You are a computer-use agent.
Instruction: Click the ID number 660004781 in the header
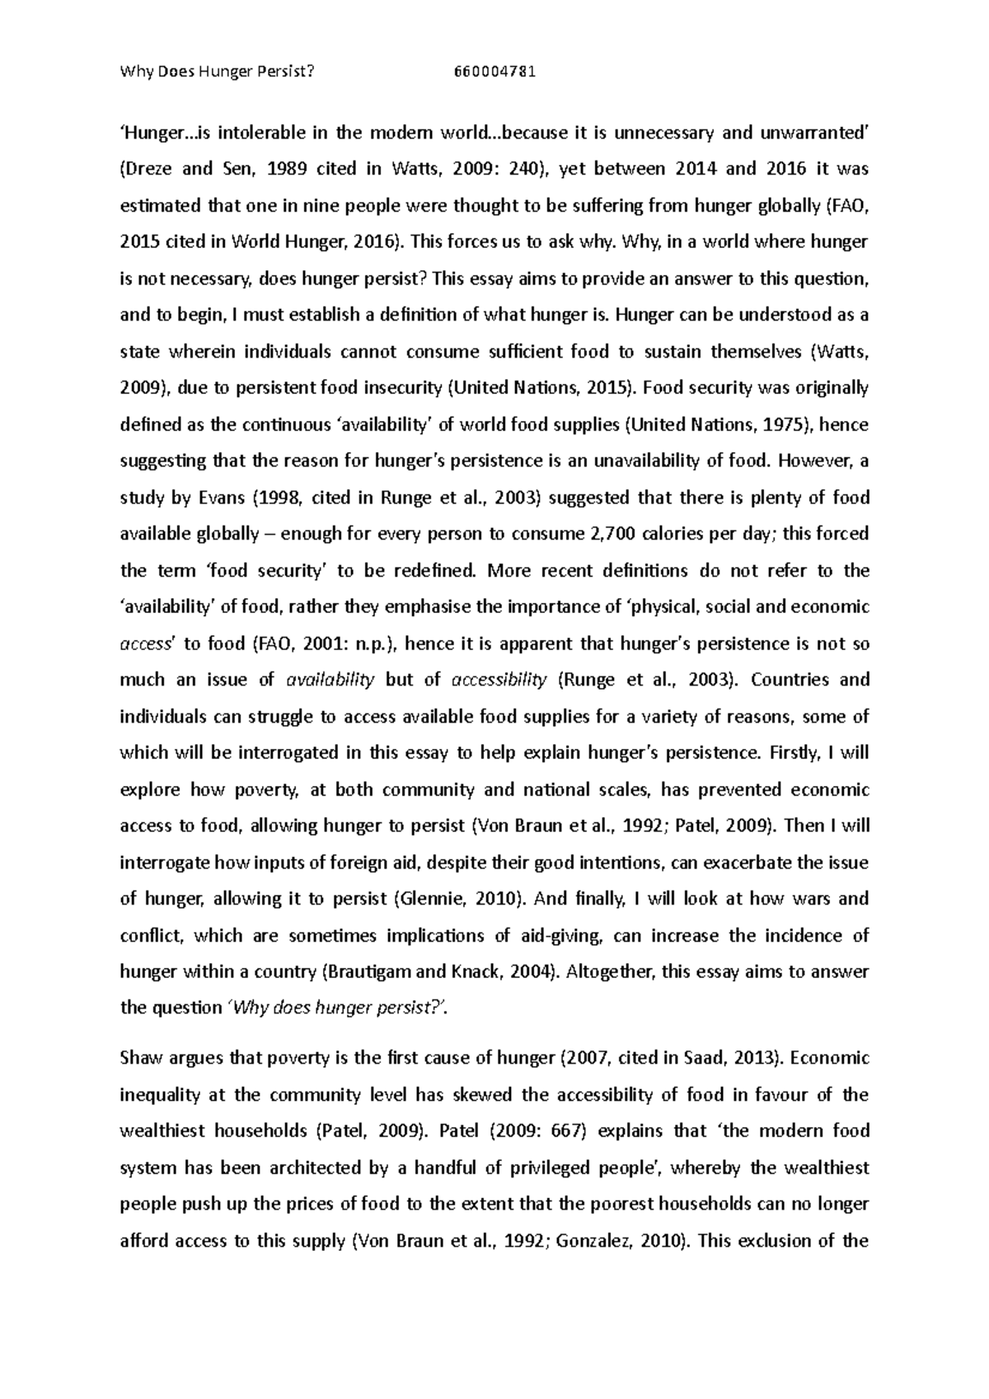494,71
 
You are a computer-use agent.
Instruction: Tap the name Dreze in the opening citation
148,170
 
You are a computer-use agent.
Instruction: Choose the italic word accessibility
499,680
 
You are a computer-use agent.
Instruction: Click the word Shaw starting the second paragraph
140,1059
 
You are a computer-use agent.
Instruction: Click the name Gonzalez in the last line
591,1241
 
